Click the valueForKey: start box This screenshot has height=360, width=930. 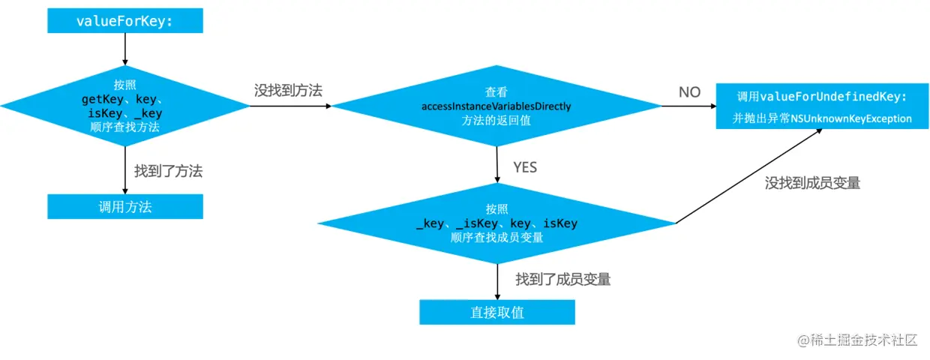(124, 21)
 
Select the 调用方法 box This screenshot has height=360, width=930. (124, 206)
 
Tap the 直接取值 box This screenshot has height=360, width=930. (496, 312)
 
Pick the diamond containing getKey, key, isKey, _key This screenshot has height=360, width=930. (124, 106)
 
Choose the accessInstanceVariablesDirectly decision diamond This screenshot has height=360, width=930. (496, 106)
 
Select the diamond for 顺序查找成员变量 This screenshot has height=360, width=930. (496, 223)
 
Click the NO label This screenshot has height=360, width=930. (689, 92)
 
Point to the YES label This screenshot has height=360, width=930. (525, 166)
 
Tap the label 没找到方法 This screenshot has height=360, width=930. (288, 90)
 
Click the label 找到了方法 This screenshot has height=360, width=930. (168, 171)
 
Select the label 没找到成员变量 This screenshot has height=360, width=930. (812, 182)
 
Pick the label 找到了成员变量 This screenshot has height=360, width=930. (562, 279)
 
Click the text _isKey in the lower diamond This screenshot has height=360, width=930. (478, 223)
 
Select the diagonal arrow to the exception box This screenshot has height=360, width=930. (750, 175)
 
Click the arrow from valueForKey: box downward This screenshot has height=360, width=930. (124, 49)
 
